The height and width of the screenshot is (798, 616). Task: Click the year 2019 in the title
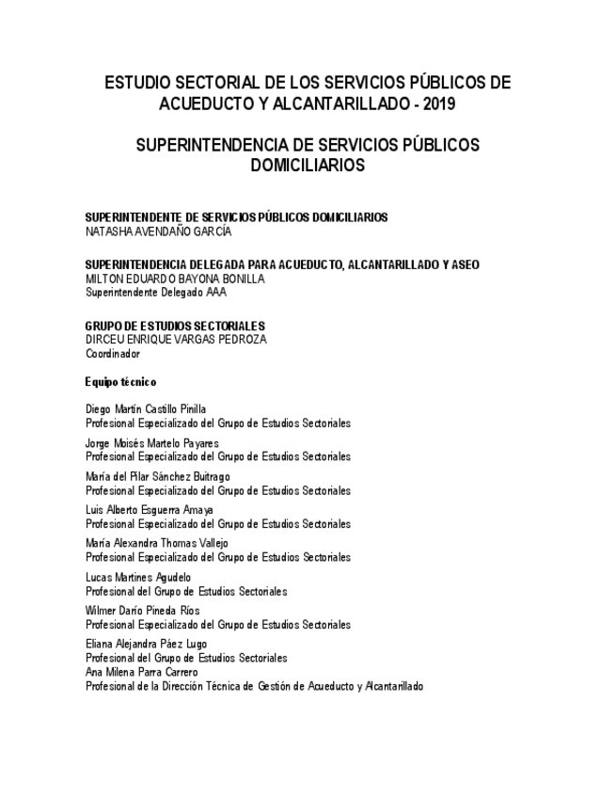click(437, 104)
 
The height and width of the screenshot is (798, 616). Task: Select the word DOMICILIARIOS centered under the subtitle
click(308, 166)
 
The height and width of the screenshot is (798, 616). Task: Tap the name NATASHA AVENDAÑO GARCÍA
click(158, 231)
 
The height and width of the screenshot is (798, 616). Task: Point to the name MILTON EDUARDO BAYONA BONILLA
click(175, 279)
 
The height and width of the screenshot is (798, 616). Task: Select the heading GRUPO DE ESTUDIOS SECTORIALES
click(176, 327)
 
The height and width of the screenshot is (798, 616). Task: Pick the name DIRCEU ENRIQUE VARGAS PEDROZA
click(176, 340)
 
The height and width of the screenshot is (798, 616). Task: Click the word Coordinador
click(113, 354)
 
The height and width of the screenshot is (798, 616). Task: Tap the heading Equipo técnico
click(121, 382)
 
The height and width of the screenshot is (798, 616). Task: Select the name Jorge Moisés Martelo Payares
click(151, 443)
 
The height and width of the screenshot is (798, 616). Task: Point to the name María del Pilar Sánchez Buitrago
click(157, 477)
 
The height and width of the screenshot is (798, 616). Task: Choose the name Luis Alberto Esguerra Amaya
click(150, 510)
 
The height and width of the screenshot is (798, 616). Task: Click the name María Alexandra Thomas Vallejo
click(156, 544)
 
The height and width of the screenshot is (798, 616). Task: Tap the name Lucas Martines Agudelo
click(138, 577)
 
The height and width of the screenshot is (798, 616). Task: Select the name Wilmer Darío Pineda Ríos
click(142, 611)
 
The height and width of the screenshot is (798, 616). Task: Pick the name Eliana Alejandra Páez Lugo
click(146, 645)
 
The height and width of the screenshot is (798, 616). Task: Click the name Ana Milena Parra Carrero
click(142, 672)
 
